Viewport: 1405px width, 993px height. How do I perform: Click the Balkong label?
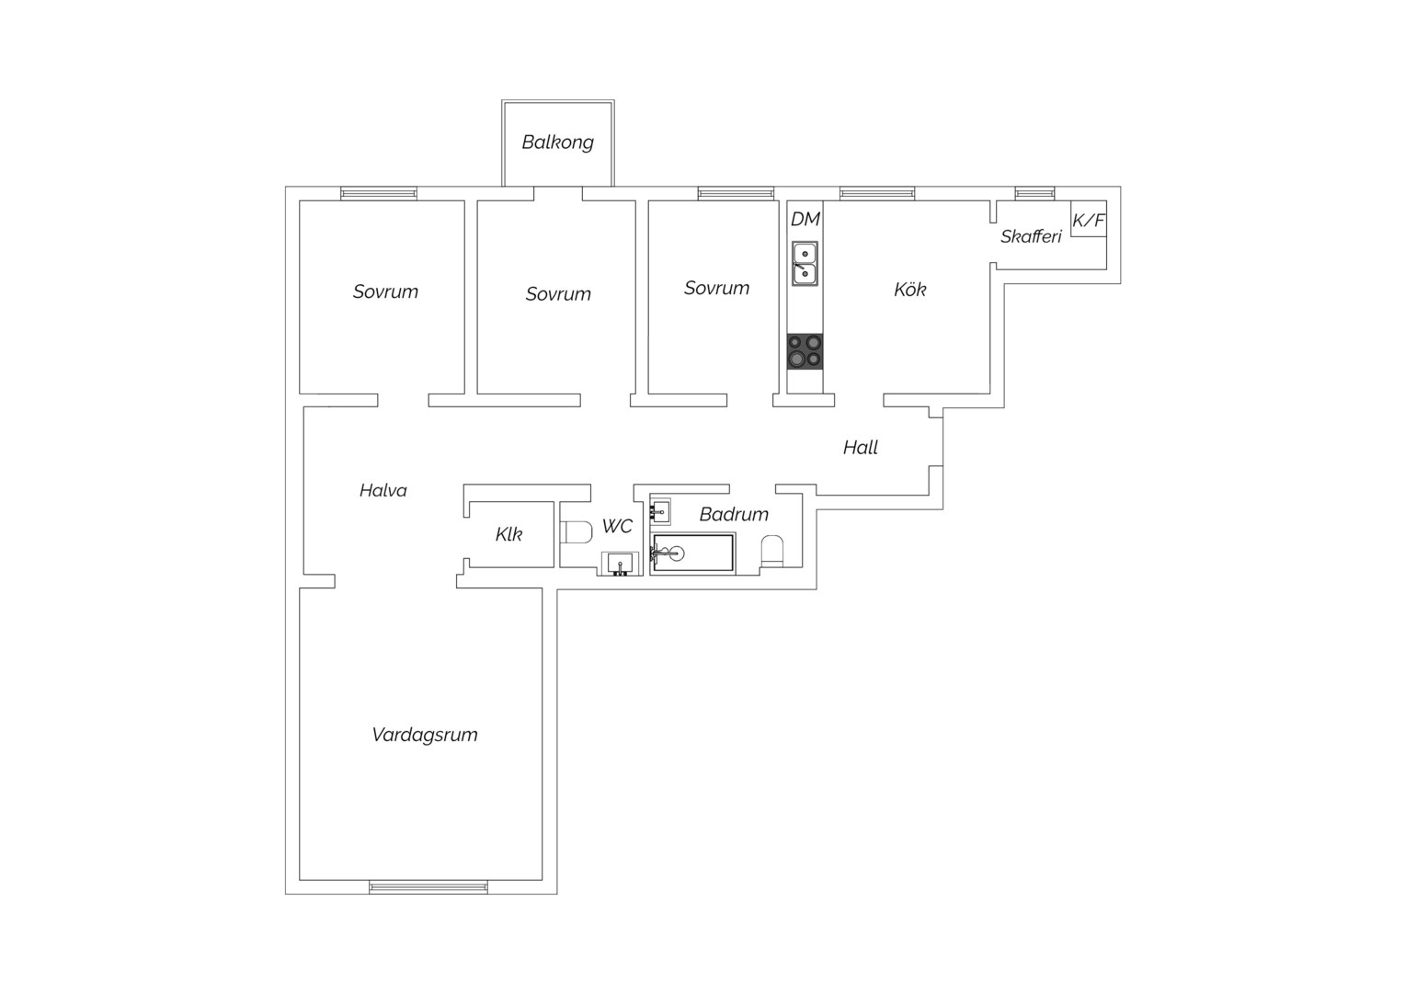(x=557, y=143)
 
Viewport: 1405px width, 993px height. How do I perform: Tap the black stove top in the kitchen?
(x=805, y=351)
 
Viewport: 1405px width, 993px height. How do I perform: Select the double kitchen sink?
(x=805, y=264)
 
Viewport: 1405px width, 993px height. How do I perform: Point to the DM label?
(x=805, y=219)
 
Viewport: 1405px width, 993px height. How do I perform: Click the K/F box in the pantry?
(x=1089, y=219)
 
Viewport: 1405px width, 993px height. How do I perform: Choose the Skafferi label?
(x=1031, y=236)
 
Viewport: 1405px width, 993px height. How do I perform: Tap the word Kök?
(x=909, y=290)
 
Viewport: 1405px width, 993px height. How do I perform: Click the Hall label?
(x=860, y=447)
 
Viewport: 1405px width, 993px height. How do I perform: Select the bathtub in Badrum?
(x=693, y=554)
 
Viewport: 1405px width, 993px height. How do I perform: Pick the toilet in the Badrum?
(x=772, y=552)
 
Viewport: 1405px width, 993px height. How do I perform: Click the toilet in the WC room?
(x=577, y=532)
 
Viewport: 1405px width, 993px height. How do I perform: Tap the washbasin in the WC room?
(x=620, y=564)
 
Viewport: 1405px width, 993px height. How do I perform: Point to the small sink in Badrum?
(x=660, y=511)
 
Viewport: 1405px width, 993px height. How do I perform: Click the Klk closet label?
(x=508, y=534)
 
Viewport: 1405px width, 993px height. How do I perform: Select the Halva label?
(x=383, y=490)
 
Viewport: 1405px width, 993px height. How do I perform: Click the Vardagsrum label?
(x=425, y=735)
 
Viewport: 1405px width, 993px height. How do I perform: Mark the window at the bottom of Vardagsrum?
(x=428, y=887)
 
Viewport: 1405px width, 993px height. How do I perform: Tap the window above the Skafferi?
(x=1035, y=193)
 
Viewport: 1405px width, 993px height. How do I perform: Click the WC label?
(x=617, y=526)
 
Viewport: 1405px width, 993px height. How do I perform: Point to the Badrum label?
(x=734, y=514)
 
